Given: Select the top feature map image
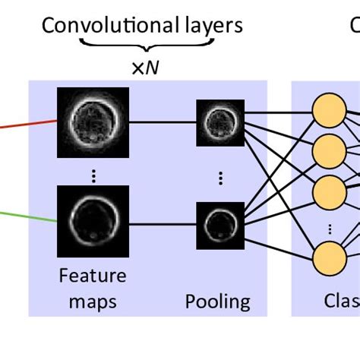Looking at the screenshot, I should tap(93, 118).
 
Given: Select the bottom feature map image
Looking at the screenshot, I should tap(93, 222).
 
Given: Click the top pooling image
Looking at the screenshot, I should tap(219, 118).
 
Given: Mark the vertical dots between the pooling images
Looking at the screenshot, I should tap(219, 177).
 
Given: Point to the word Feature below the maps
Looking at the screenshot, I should tap(92, 275).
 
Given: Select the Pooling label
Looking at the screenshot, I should tap(218, 302).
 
